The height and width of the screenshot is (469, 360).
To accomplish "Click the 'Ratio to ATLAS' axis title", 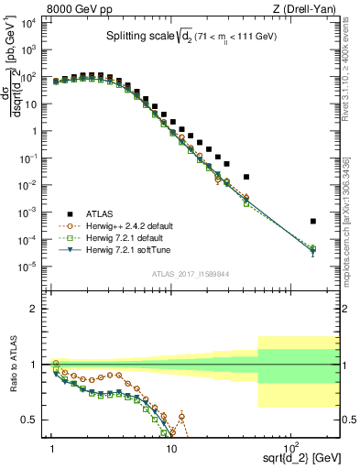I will coord(12,365).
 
